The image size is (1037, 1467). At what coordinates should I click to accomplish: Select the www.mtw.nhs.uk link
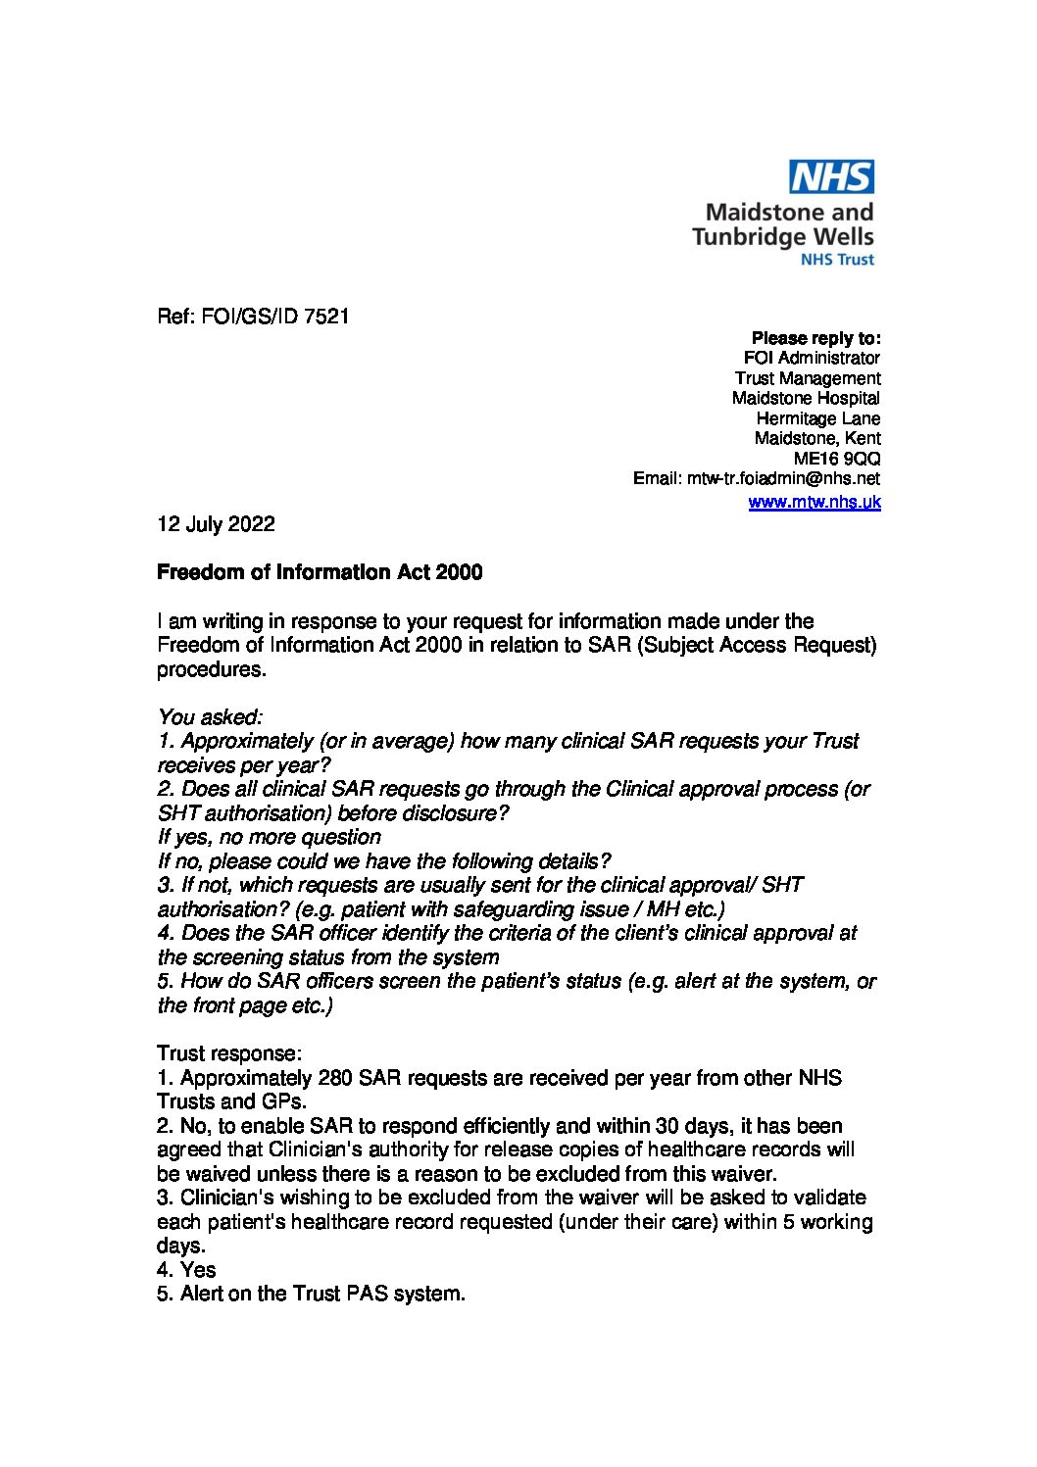point(814,502)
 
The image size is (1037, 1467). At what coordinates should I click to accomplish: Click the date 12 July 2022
point(216,524)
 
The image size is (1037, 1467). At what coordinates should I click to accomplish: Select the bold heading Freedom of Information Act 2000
point(320,572)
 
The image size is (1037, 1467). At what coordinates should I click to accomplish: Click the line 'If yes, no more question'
point(269,837)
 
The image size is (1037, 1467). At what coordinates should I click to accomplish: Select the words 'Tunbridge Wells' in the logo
point(782,236)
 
